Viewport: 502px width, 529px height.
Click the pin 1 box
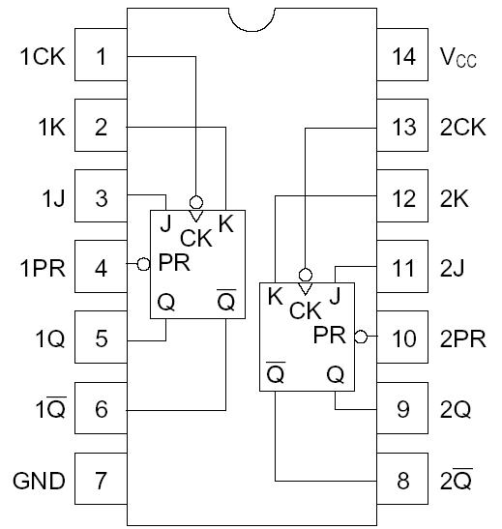tap(102, 56)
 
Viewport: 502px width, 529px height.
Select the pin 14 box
tap(401, 56)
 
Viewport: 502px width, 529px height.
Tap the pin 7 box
tap(102, 480)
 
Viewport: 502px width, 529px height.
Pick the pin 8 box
tap(401, 480)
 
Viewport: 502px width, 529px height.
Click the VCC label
tap(459, 58)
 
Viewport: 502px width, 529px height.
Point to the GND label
tap(39, 481)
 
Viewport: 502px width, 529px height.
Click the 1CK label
tap(42, 57)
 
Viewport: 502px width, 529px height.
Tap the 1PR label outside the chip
tap(42, 268)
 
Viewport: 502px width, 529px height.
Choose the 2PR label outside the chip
tap(463, 338)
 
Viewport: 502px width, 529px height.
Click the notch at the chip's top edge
tap(251, 18)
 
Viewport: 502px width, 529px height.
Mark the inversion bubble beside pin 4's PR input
tap(143, 263)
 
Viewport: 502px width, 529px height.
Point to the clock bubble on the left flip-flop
tap(196, 203)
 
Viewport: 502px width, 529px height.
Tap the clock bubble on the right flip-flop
tap(306, 275)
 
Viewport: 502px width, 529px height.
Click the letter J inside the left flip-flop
tap(165, 224)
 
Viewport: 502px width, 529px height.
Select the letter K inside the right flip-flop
tap(276, 296)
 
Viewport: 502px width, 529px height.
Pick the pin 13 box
tap(401, 127)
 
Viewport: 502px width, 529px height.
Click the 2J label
tap(455, 268)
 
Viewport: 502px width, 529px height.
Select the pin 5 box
tap(102, 338)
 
